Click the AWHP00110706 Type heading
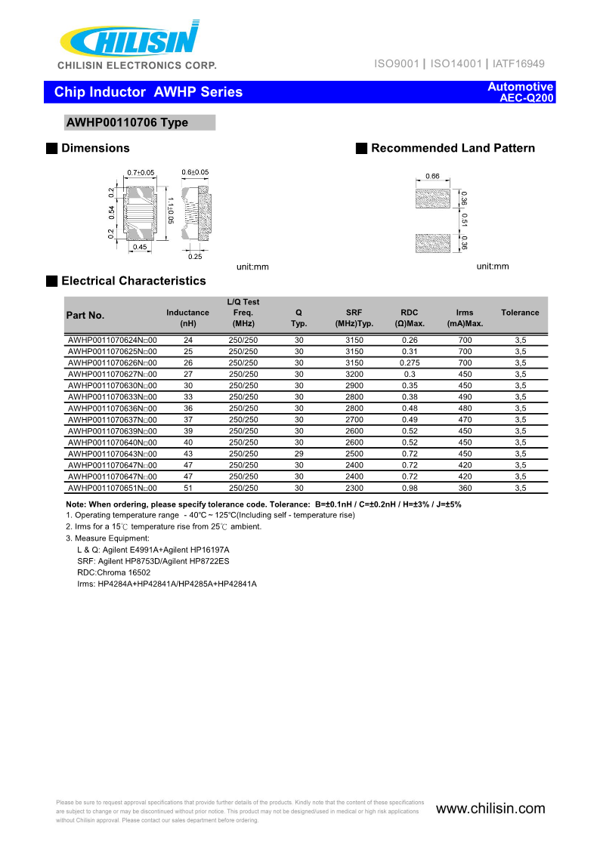click(x=128, y=122)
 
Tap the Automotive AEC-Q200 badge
click(x=521, y=92)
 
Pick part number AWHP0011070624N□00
click(x=112, y=341)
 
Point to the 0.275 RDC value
click(x=410, y=363)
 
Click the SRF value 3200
click(x=354, y=375)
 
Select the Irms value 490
click(x=465, y=397)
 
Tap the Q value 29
click(x=298, y=454)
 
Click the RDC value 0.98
click(x=410, y=488)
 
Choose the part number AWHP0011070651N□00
click(x=112, y=488)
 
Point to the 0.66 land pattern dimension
click(x=432, y=176)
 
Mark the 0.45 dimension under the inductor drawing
click(x=140, y=247)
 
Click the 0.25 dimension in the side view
click(x=195, y=256)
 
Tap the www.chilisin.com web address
click(x=490, y=809)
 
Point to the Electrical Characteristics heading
click(x=133, y=281)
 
